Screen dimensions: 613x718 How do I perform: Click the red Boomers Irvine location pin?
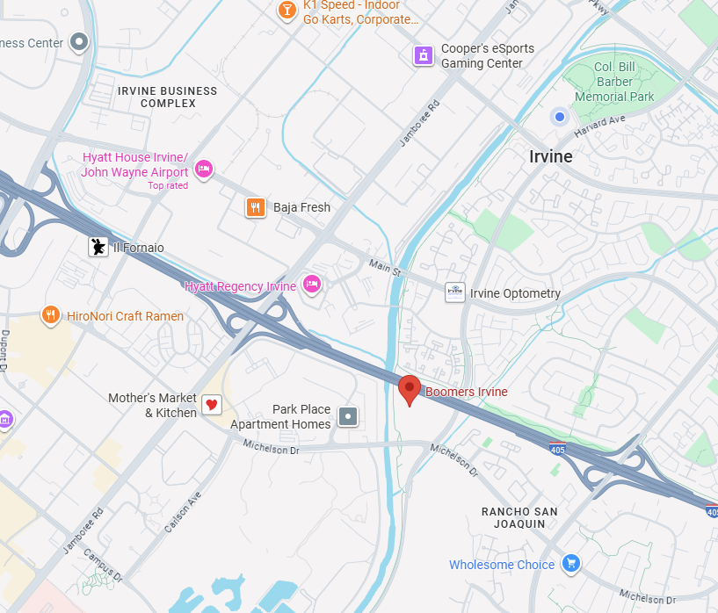click(x=409, y=388)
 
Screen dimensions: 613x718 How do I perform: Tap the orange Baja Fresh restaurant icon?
click(x=255, y=206)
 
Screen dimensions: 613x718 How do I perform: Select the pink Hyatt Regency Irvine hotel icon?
click(x=311, y=284)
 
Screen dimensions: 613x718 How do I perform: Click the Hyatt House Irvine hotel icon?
click(x=204, y=168)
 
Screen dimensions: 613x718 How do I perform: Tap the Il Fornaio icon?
click(x=98, y=247)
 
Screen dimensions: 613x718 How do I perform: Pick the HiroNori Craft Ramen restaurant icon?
click(x=51, y=314)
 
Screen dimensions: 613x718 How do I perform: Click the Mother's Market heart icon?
click(x=212, y=405)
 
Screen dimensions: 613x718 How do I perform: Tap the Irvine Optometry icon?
click(x=454, y=292)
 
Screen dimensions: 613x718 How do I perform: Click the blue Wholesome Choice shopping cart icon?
click(x=571, y=563)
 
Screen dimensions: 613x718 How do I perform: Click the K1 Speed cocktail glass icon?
click(x=286, y=10)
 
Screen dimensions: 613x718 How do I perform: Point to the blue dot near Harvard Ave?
click(x=559, y=116)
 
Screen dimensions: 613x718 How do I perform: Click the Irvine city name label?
click(x=551, y=156)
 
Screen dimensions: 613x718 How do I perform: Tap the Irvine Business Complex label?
click(x=167, y=97)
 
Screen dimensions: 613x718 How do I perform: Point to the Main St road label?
click(x=384, y=266)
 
